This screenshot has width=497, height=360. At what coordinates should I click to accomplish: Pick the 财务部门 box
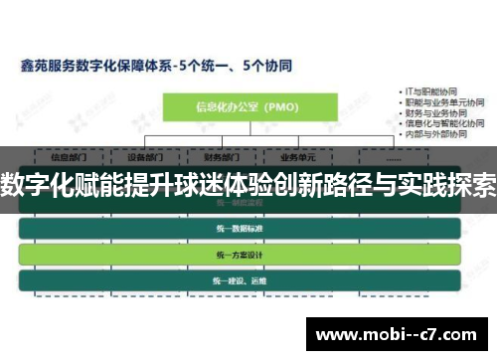[x=222, y=156]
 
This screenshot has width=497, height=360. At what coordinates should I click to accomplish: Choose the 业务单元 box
[x=297, y=156]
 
